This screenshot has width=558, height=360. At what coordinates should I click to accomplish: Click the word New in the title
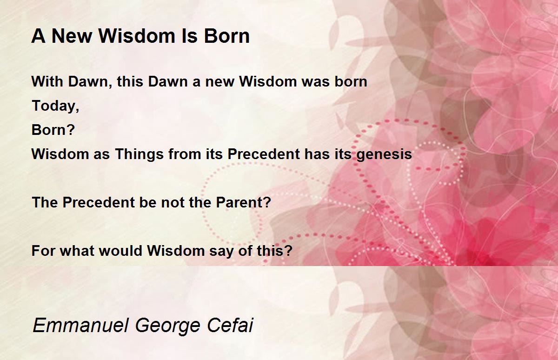coord(72,36)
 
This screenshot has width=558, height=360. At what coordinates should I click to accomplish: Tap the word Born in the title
coord(227,36)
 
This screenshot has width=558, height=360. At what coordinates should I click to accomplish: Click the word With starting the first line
coord(47,81)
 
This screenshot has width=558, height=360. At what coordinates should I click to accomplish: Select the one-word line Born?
coord(53,130)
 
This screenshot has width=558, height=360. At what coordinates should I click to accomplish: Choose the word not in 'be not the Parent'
coord(173,202)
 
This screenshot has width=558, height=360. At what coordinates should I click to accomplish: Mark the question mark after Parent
coord(266,202)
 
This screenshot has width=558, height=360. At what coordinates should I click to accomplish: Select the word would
coord(120,251)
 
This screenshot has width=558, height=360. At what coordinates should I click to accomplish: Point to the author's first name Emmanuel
coord(80,325)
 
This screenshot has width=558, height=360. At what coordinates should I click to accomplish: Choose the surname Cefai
coord(230,325)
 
